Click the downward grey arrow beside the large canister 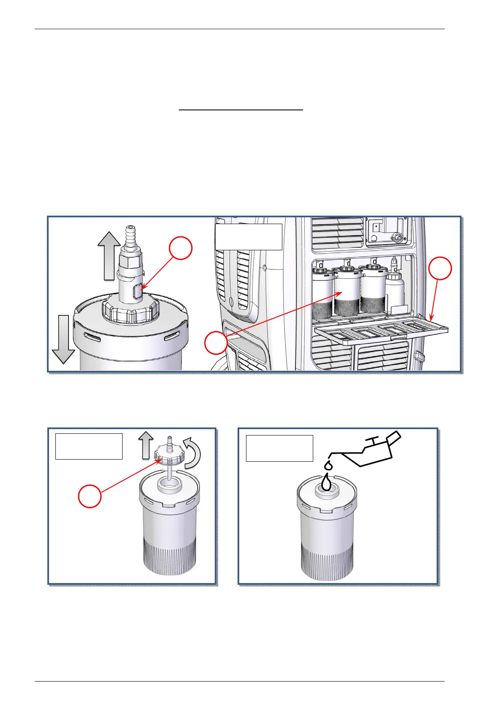pyautogui.click(x=63, y=338)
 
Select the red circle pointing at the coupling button pyautogui.click(x=181, y=248)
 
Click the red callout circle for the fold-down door pyautogui.click(x=440, y=268)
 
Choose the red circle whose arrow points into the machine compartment pyautogui.click(x=216, y=342)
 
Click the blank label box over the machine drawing pyautogui.click(x=249, y=237)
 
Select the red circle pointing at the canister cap pyautogui.click(x=90, y=496)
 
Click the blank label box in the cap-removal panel pyautogui.click(x=89, y=446)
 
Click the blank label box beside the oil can pyautogui.click(x=279, y=448)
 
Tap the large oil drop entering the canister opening pyautogui.click(x=325, y=483)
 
